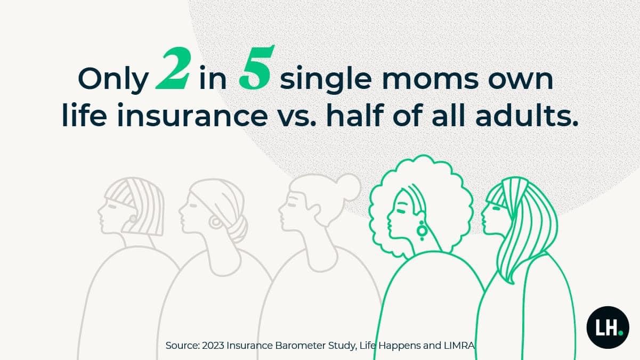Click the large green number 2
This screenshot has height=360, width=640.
click(x=173, y=69)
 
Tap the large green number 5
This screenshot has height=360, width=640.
click(x=256, y=68)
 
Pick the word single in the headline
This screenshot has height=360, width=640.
click(x=326, y=80)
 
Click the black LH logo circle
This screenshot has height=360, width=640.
click(x=608, y=328)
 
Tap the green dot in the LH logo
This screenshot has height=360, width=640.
click(x=621, y=333)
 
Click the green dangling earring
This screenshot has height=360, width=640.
click(x=422, y=231)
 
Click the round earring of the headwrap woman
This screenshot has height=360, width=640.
click(x=215, y=223)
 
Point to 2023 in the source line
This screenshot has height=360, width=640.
click(x=213, y=346)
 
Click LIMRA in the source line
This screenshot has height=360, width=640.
click(x=459, y=346)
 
